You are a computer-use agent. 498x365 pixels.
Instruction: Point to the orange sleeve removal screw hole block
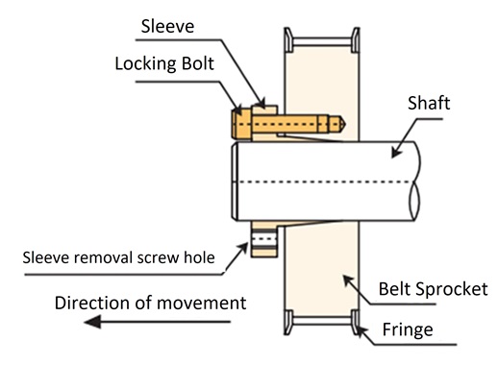tap(262, 241)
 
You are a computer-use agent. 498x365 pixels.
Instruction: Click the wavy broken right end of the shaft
tap(414, 182)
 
